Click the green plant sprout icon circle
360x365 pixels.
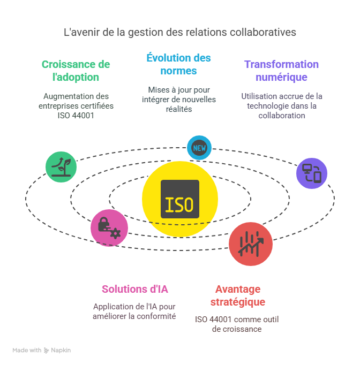tap(61, 167)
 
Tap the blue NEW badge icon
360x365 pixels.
tap(199, 147)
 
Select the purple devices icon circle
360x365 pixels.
tap(311, 173)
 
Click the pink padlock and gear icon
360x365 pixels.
tap(109, 227)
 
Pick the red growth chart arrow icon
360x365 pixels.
tap(250, 244)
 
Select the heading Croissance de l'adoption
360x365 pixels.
tap(76, 71)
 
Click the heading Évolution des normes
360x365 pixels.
tap(178, 64)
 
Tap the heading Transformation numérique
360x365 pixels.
tap(281, 71)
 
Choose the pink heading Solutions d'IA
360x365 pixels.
tap(135, 289)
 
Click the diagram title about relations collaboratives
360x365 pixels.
tap(180, 32)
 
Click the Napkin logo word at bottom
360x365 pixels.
tap(61, 350)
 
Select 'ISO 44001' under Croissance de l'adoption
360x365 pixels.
tap(76, 115)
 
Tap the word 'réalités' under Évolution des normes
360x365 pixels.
tap(178, 109)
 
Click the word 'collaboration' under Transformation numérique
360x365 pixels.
tap(281, 115)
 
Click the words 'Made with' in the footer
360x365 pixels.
tap(27, 350)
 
